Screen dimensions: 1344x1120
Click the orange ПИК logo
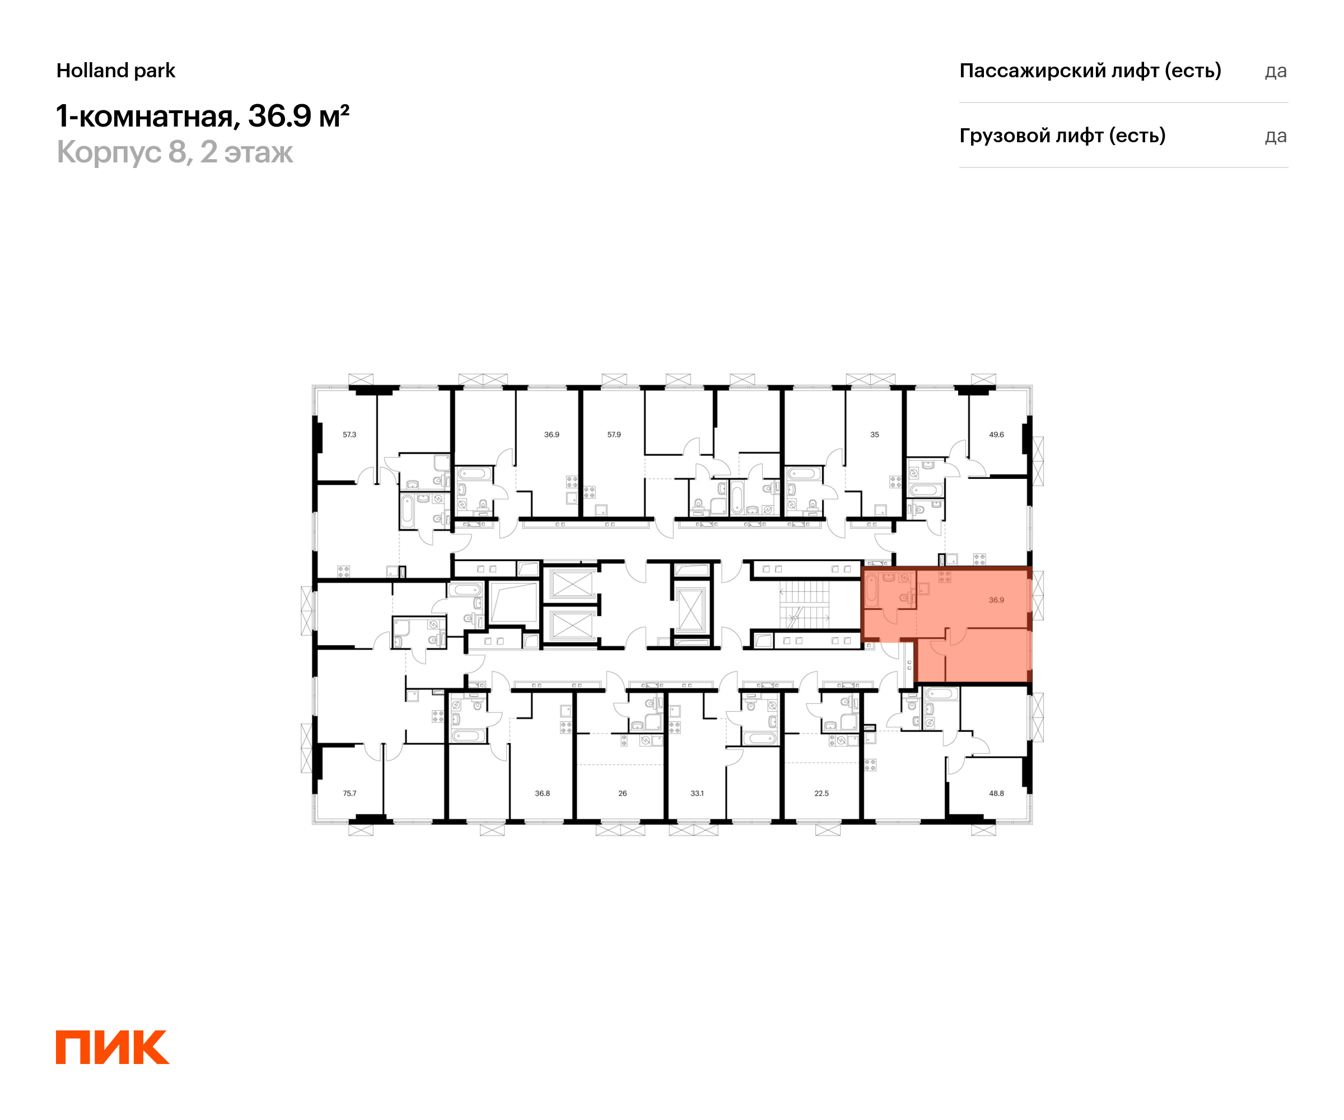pyautogui.click(x=113, y=1047)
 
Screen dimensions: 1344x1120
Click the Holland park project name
pyautogui.click(x=116, y=71)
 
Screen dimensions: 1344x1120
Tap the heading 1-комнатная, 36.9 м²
pyautogui.click(x=203, y=116)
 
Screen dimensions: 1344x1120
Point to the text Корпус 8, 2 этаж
pyautogui.click(x=175, y=152)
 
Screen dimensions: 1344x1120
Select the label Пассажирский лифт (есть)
pyautogui.click(x=1090, y=71)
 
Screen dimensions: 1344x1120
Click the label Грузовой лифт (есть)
pyautogui.click(x=1062, y=136)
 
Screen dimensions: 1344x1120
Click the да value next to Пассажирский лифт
pyautogui.click(x=1276, y=71)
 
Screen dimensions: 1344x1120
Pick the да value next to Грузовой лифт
pyautogui.click(x=1276, y=136)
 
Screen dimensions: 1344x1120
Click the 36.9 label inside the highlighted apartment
pyautogui.click(x=996, y=600)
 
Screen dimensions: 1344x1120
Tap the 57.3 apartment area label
pyautogui.click(x=349, y=435)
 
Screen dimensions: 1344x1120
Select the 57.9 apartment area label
pyautogui.click(x=614, y=435)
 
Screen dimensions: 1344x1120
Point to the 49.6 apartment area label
pyautogui.click(x=996, y=435)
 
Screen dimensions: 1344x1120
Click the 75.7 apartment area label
pyautogui.click(x=349, y=793)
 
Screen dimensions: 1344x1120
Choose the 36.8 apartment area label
pyautogui.click(x=542, y=793)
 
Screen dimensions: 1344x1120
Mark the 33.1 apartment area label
pyautogui.click(x=697, y=793)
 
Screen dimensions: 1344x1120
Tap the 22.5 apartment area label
pyautogui.click(x=821, y=793)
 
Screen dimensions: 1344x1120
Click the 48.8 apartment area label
pyautogui.click(x=996, y=793)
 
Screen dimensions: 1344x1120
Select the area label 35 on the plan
pyautogui.click(x=874, y=435)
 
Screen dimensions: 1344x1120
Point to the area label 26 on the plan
pyautogui.click(x=622, y=793)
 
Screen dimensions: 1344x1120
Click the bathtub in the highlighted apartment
pyautogui.click(x=872, y=590)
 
